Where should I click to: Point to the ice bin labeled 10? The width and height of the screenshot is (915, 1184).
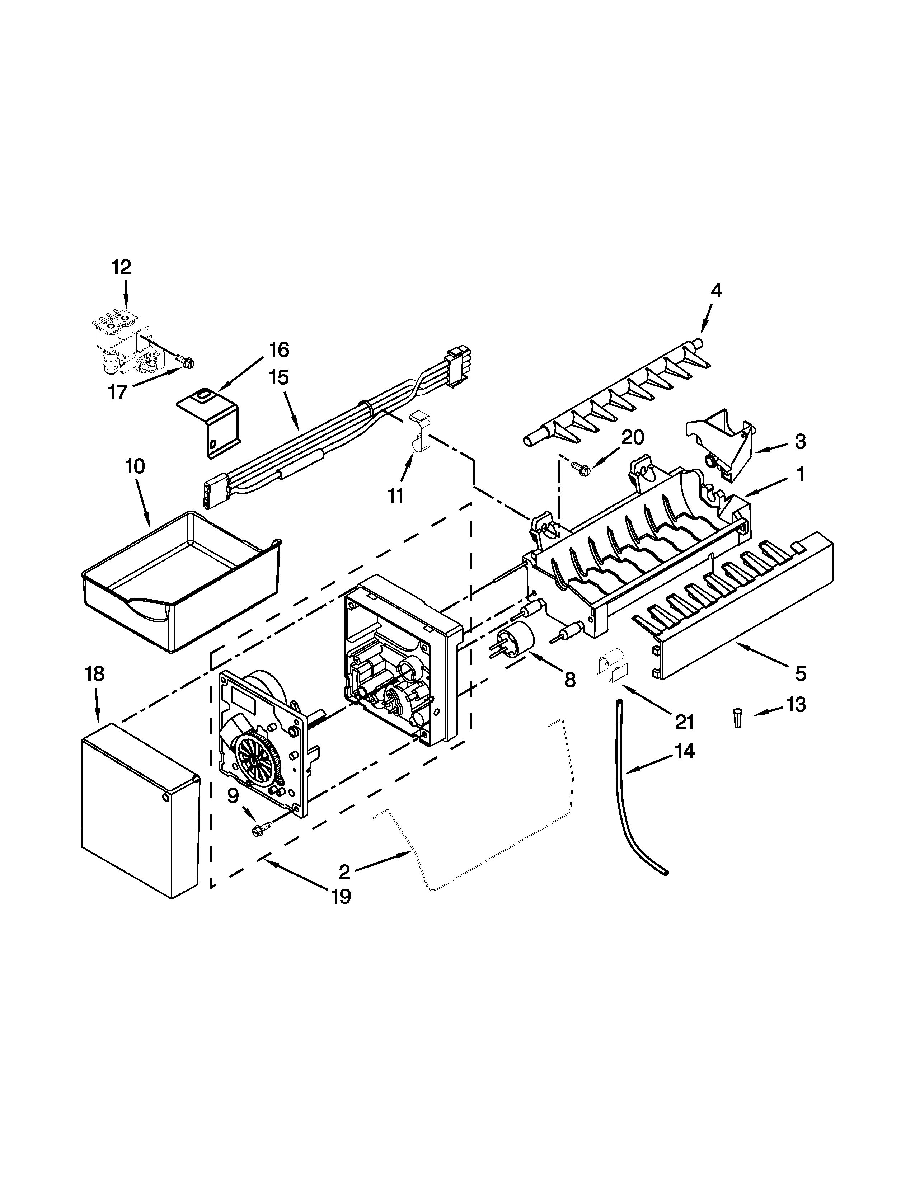(179, 583)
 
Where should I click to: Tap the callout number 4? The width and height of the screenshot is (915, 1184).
(716, 291)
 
